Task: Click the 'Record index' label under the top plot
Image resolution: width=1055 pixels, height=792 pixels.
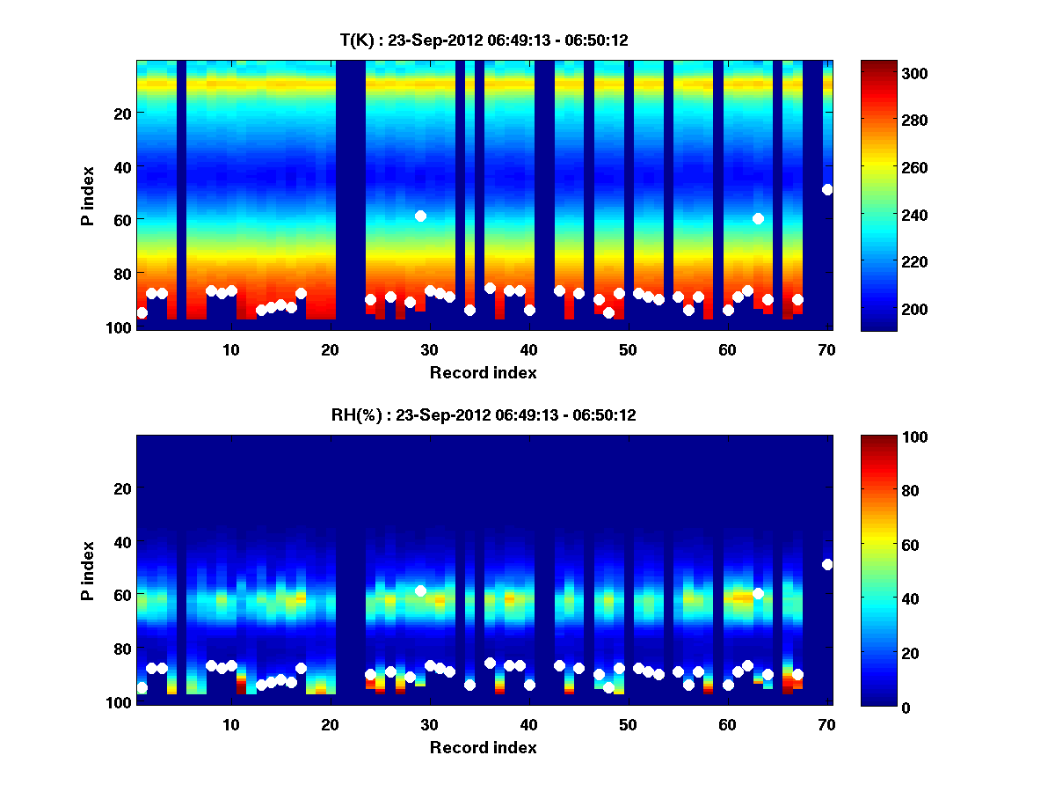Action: (484, 372)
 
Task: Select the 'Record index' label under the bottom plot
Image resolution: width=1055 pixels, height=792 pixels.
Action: (484, 747)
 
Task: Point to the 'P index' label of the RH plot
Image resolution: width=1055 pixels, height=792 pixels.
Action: (88, 570)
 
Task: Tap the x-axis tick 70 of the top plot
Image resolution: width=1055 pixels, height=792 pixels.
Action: (826, 349)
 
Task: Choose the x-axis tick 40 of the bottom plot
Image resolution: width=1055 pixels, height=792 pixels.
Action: (528, 724)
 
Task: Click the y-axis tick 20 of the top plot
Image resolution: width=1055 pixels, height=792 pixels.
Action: (121, 113)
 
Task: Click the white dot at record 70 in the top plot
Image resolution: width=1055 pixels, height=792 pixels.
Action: (827, 189)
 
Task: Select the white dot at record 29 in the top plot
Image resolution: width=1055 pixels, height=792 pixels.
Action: (420, 216)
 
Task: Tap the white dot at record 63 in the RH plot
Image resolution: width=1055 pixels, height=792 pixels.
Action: (758, 593)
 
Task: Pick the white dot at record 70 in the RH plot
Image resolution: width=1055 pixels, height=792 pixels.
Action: (827, 564)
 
